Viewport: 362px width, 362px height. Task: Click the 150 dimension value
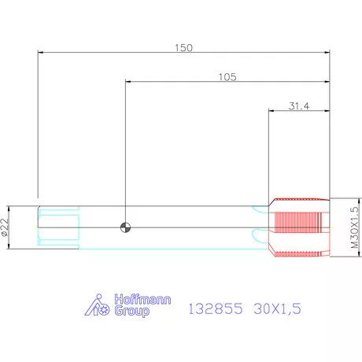(x=183, y=48)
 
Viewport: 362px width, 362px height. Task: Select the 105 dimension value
(x=227, y=77)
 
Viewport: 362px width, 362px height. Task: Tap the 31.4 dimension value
(x=299, y=106)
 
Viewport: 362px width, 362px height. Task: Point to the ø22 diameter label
(x=5, y=227)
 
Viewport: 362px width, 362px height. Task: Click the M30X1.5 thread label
(x=354, y=227)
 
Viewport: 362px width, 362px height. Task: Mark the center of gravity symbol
(x=125, y=227)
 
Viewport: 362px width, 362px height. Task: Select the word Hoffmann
(x=142, y=299)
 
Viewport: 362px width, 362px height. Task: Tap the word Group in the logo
(x=132, y=311)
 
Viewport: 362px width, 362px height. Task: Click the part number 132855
(x=216, y=308)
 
